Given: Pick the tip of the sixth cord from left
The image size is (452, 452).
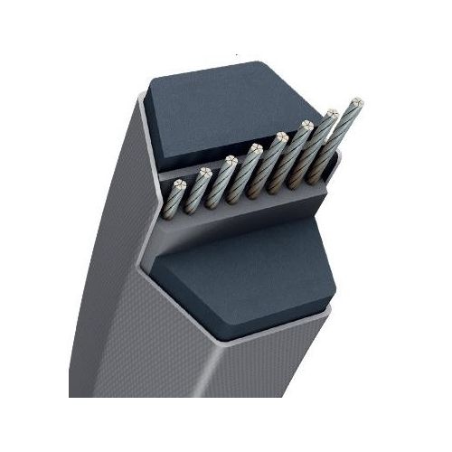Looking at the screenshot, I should click(x=306, y=126).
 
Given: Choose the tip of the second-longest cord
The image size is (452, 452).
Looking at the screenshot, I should click(x=331, y=115).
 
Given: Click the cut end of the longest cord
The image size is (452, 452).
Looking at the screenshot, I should click(x=355, y=104).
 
